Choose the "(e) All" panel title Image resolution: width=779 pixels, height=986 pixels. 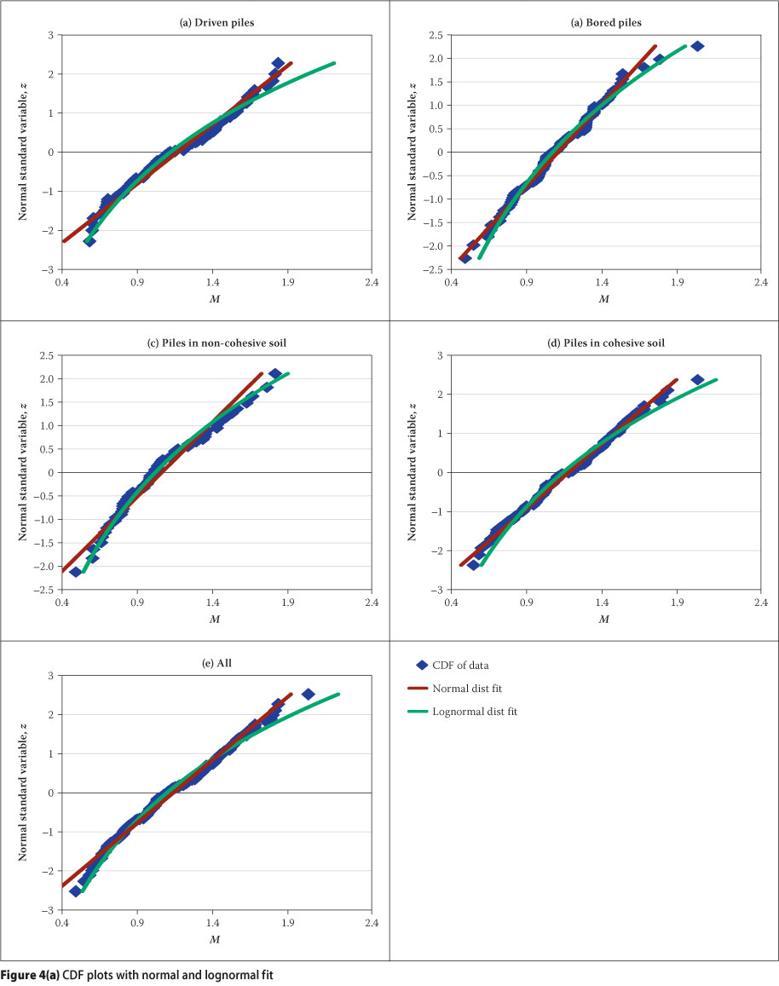[x=215, y=663]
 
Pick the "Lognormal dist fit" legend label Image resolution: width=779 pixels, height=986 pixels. [x=482, y=711]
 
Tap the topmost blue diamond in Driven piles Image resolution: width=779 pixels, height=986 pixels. [x=278, y=64]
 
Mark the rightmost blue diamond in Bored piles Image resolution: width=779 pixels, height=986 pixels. [x=697, y=46]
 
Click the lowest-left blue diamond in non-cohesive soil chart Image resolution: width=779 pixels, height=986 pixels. [x=75, y=572]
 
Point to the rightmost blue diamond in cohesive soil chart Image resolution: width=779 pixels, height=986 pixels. [x=697, y=380]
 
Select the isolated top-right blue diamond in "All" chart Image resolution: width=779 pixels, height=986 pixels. [x=309, y=695]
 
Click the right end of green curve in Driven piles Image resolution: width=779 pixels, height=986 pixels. [x=334, y=63]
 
